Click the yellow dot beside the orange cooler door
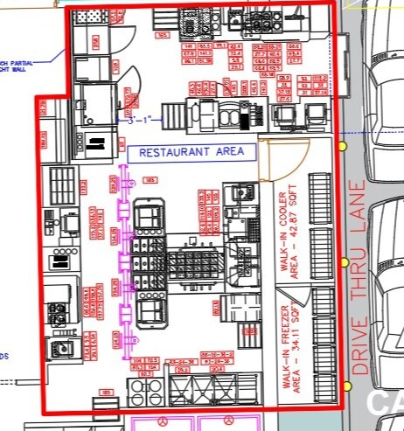(343, 146)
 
